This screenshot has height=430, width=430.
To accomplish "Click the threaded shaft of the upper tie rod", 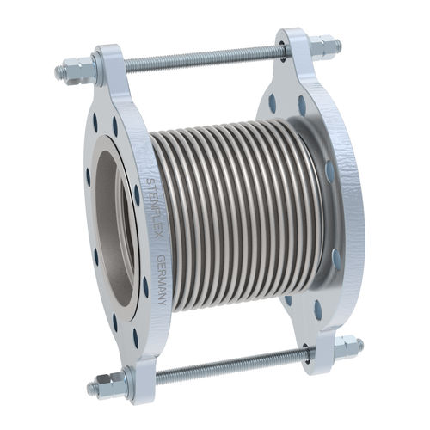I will [198, 58].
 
